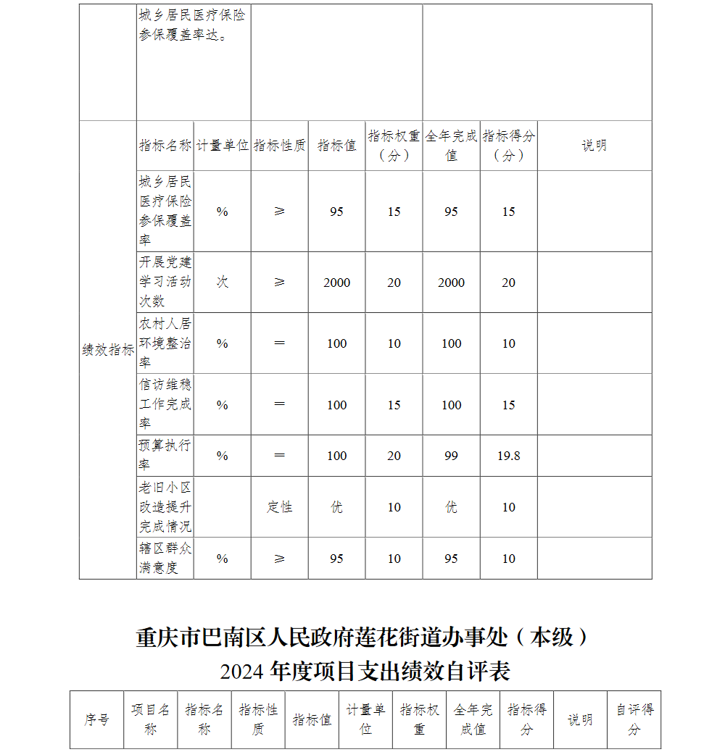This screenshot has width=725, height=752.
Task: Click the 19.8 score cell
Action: coord(508,456)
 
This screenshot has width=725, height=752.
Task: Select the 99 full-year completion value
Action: coord(451,456)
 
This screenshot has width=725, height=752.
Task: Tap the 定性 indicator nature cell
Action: coord(279,507)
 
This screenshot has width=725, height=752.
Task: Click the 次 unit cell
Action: coord(222,283)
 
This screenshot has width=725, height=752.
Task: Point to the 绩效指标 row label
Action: coord(108,350)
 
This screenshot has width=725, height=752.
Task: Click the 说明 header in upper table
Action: coord(594,146)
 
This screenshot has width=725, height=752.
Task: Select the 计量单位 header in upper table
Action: coord(223,146)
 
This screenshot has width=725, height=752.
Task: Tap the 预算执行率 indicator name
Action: coord(165,455)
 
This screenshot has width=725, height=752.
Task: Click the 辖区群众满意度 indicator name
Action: coord(165,558)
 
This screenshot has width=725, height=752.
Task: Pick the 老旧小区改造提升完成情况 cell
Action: coord(165,506)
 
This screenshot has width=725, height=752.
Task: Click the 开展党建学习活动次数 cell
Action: coord(165,282)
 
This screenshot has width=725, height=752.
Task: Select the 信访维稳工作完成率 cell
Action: coord(165,404)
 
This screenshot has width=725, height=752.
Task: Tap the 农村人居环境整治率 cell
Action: coord(165,343)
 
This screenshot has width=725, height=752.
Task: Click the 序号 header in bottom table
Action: coord(96,719)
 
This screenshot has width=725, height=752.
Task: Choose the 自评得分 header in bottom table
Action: coord(634,719)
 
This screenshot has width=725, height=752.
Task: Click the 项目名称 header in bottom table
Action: coord(150,719)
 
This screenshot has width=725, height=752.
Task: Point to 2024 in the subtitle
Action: coord(242,672)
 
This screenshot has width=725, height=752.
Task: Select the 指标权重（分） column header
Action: coord(394,146)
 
